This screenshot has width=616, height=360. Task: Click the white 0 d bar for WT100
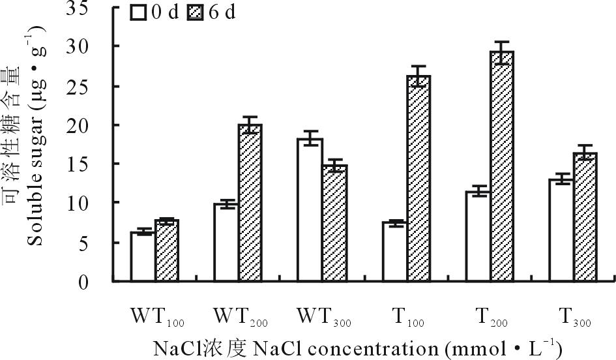tap(143, 256)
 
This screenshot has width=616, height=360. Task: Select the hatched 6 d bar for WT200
tap(250, 203)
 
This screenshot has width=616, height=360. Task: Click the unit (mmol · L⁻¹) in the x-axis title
tap(503, 347)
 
